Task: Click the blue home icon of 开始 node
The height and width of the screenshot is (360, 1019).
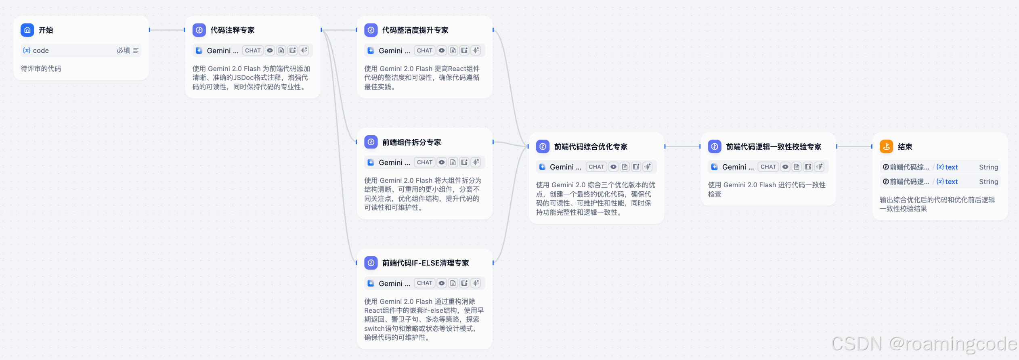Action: [x=27, y=30]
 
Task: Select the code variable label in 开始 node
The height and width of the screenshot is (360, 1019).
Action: [x=40, y=50]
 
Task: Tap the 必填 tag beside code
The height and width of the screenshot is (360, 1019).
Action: [x=123, y=50]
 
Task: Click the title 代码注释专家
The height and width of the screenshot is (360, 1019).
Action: [x=232, y=30]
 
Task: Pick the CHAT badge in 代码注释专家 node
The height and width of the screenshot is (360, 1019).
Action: [x=253, y=50]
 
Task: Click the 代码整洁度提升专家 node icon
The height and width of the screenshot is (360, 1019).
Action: [x=371, y=30]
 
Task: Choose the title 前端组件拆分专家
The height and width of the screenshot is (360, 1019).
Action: [x=411, y=142]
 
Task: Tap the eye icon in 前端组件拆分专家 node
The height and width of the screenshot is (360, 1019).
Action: [x=442, y=162]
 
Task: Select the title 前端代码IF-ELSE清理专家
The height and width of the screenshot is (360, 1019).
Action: [x=426, y=263]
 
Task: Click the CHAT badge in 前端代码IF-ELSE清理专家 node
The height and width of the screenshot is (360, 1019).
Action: [x=424, y=283]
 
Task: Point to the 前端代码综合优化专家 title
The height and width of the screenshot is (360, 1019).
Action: [x=591, y=147]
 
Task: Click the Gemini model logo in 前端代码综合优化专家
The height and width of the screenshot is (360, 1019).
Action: [x=543, y=167]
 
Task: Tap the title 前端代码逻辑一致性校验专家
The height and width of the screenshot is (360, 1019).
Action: [x=773, y=147]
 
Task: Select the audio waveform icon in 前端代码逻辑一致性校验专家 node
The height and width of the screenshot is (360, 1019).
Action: [x=819, y=167]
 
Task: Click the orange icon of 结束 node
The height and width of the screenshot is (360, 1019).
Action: [x=886, y=147]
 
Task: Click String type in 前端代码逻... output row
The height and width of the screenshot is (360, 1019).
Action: [x=988, y=182]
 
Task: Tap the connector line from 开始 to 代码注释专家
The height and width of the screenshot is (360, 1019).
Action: [x=167, y=30]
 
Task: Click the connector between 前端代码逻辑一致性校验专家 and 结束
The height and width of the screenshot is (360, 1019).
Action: [x=854, y=147]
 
